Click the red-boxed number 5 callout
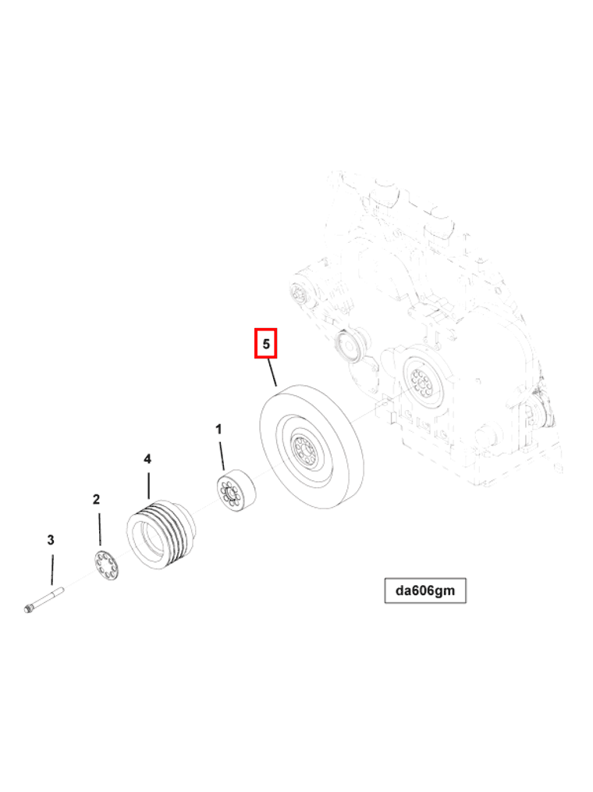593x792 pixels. pyautogui.click(x=266, y=344)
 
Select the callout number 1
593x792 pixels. pyautogui.click(x=219, y=430)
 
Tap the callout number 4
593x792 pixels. pyautogui.click(x=147, y=459)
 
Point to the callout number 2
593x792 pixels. pyautogui.click(x=97, y=499)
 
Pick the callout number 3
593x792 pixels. pyautogui.click(x=51, y=540)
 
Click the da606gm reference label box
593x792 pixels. pyautogui.click(x=424, y=590)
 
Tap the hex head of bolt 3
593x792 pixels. pyautogui.click(x=30, y=607)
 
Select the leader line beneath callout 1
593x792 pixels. pyautogui.click(x=222, y=455)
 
